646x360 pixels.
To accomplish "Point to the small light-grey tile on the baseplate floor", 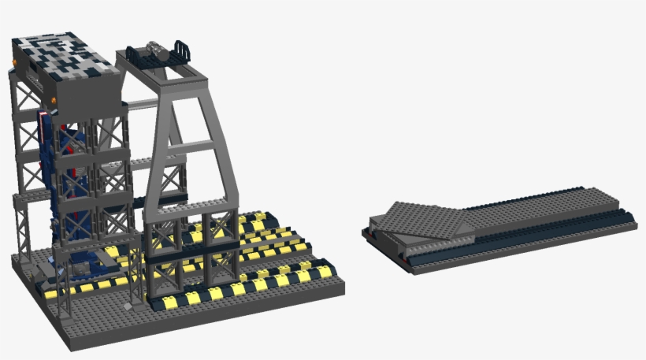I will (127, 304).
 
